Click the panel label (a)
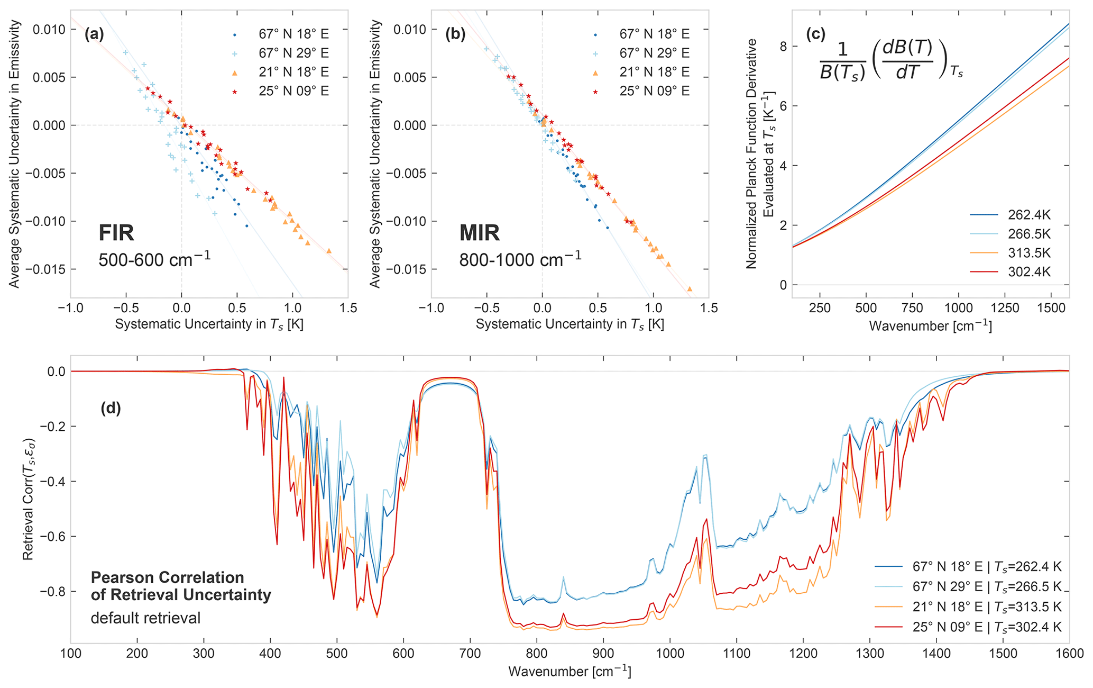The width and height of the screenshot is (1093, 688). [x=94, y=35]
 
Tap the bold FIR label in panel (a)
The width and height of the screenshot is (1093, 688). [x=116, y=233]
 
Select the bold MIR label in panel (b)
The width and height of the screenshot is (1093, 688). [x=479, y=233]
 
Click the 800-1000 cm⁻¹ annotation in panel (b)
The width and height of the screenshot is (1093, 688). [x=520, y=258]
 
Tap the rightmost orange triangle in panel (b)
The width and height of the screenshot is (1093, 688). [x=690, y=289]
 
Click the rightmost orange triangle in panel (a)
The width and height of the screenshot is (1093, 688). [x=329, y=251]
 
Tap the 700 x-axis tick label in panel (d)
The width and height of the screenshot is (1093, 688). [x=471, y=654]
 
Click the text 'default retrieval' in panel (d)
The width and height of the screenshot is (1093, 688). [x=145, y=618]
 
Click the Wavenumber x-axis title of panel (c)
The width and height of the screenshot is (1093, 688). [x=930, y=326]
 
